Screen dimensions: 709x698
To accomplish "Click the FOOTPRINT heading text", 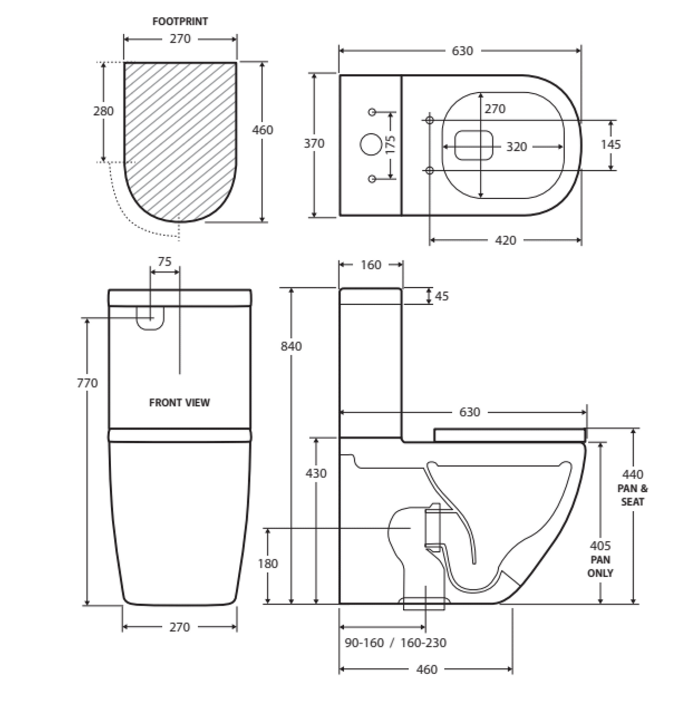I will point(180,22).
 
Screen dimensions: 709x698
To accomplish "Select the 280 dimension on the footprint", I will point(103,111).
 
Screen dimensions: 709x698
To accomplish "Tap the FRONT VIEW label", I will point(179,403).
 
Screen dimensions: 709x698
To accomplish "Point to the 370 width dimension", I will point(314,144).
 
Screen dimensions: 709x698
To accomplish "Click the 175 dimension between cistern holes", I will point(390,144).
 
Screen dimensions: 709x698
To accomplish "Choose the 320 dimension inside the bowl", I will point(516,147).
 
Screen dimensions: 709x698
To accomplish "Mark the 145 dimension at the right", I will point(611,144).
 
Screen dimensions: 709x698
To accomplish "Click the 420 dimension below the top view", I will point(505,240).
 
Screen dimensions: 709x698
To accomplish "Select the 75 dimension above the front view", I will point(164,262).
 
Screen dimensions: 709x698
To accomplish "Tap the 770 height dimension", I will point(87,383).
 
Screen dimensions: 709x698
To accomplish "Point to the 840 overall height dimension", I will point(291,346).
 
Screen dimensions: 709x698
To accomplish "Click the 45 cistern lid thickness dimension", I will point(442,296).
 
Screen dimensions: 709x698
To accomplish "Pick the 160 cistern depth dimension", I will point(371,265).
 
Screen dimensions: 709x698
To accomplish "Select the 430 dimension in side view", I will point(316,473).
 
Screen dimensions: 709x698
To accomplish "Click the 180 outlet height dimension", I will point(268,564).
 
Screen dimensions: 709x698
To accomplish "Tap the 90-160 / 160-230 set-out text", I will point(396,643).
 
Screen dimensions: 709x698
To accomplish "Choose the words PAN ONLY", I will point(600,566).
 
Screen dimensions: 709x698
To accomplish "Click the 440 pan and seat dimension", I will point(633,474).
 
